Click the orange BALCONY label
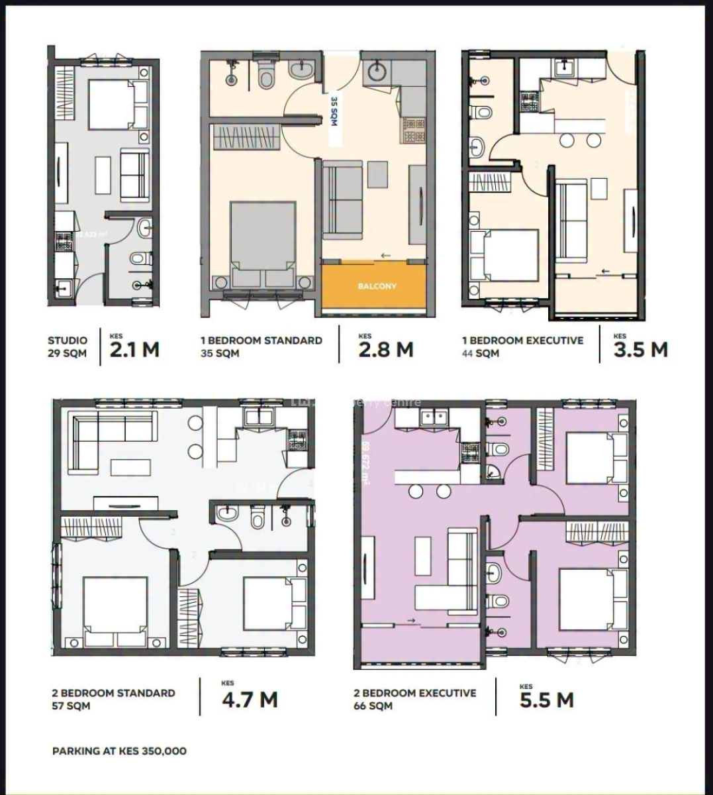[x=377, y=286]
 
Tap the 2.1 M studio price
[x=134, y=349]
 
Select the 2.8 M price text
[x=386, y=349]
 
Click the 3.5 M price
[x=640, y=349]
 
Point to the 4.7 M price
[x=250, y=699]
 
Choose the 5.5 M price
[x=546, y=700]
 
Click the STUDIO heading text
[x=67, y=341]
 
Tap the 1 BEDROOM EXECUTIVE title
[x=522, y=341]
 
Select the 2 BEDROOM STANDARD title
[x=113, y=693]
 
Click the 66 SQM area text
[x=373, y=706]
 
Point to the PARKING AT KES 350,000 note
[x=119, y=751]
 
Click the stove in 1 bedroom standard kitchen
[x=414, y=129]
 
